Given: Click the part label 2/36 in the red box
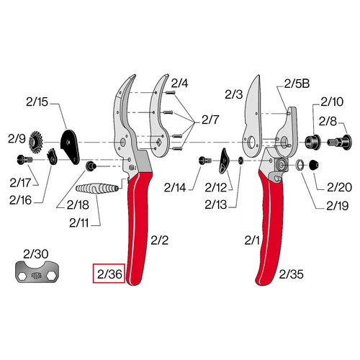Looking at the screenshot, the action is click(x=109, y=274).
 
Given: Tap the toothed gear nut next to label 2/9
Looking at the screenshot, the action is click(x=36, y=142).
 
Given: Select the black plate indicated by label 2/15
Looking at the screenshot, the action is click(x=70, y=147).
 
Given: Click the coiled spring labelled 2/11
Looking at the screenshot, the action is click(x=97, y=189).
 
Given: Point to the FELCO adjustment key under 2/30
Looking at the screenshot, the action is click(x=37, y=272).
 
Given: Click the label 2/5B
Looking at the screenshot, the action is click(x=297, y=84).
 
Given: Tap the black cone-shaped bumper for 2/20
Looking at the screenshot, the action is click(x=314, y=165).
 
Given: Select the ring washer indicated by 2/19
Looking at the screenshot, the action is click(x=300, y=165).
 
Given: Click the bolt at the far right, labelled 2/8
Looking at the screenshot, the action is click(x=340, y=142).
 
